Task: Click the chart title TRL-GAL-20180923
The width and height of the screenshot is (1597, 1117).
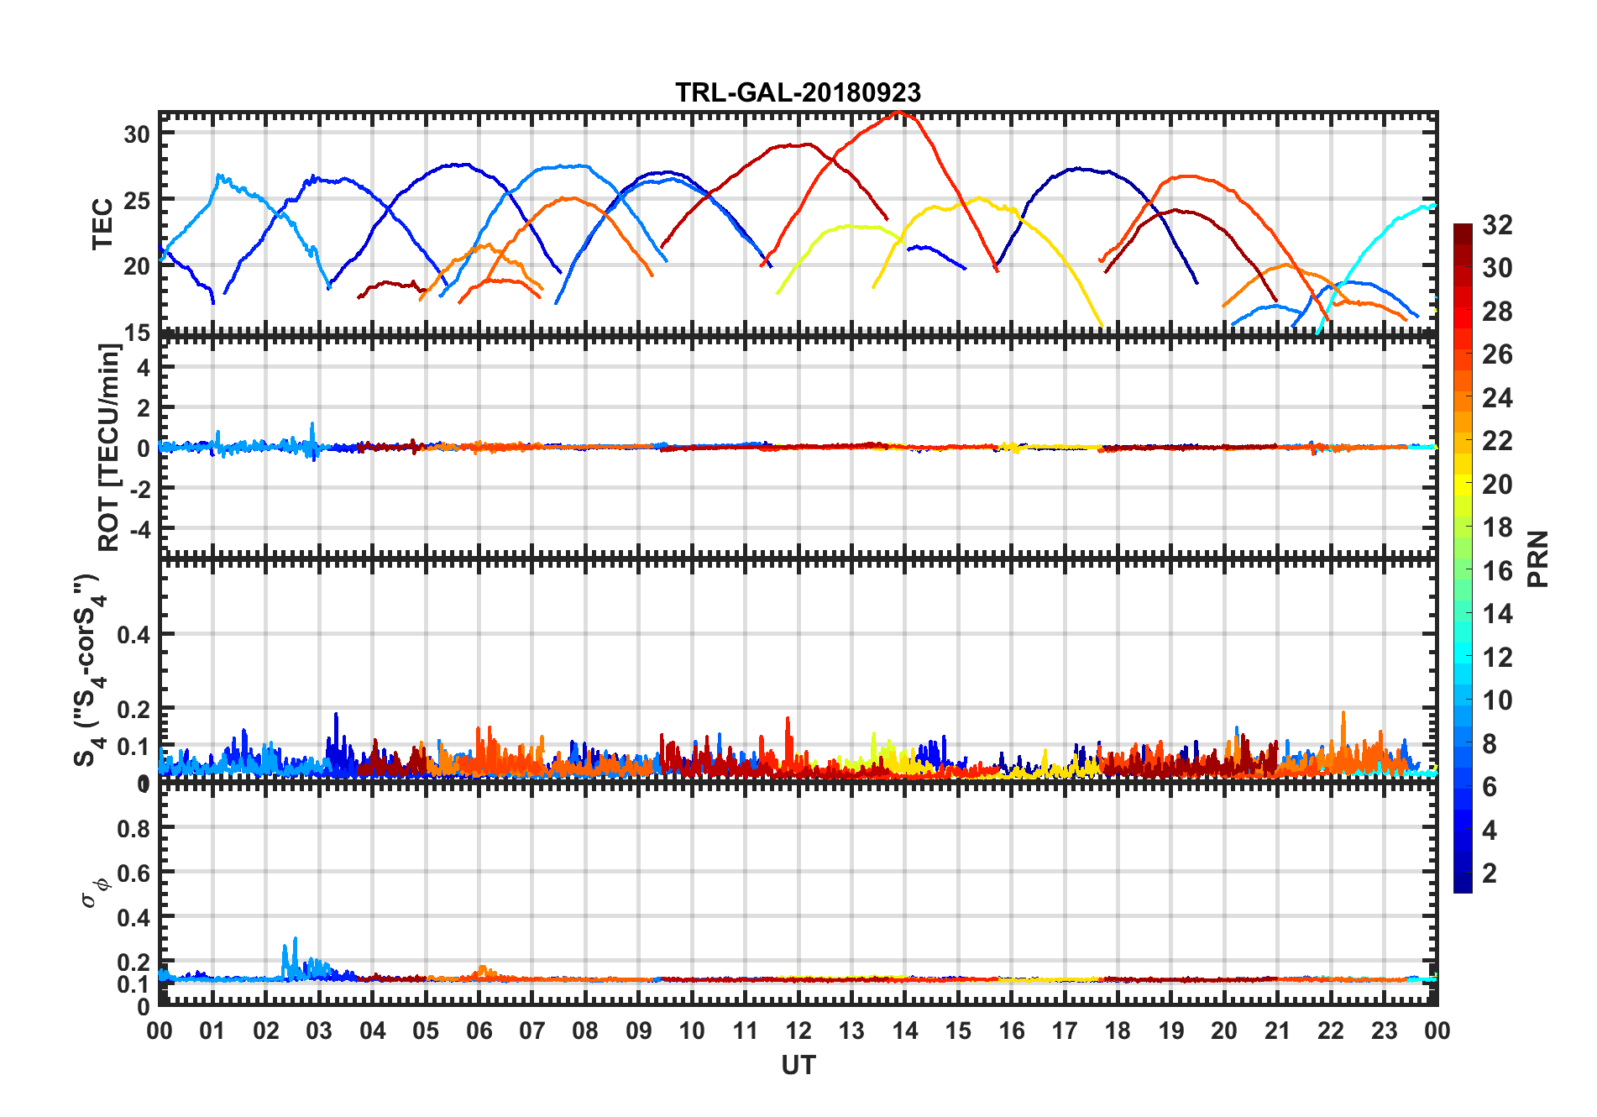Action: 798,92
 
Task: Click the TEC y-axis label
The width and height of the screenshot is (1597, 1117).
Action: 102,224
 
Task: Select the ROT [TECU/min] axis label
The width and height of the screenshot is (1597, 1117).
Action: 109,447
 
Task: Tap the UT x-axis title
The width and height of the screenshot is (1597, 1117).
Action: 798,1066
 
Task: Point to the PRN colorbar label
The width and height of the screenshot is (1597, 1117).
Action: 1537,558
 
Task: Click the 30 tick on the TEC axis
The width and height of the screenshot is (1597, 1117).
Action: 137,134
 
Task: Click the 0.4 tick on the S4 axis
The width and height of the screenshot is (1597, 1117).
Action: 134,635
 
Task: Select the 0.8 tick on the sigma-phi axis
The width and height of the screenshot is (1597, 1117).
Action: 134,828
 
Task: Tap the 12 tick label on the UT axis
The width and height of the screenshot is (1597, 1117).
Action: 798,1031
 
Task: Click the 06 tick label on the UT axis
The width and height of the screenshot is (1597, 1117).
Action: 479,1031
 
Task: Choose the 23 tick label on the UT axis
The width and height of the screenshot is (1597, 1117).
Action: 1384,1031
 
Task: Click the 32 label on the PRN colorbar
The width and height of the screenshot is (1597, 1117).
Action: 1497,225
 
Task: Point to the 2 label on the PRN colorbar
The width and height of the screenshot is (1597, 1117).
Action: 1490,873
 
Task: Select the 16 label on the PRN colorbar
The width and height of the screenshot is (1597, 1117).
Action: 1497,571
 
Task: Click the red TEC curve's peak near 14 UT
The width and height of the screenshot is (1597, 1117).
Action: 899,112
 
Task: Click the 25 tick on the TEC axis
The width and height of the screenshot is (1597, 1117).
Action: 137,201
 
